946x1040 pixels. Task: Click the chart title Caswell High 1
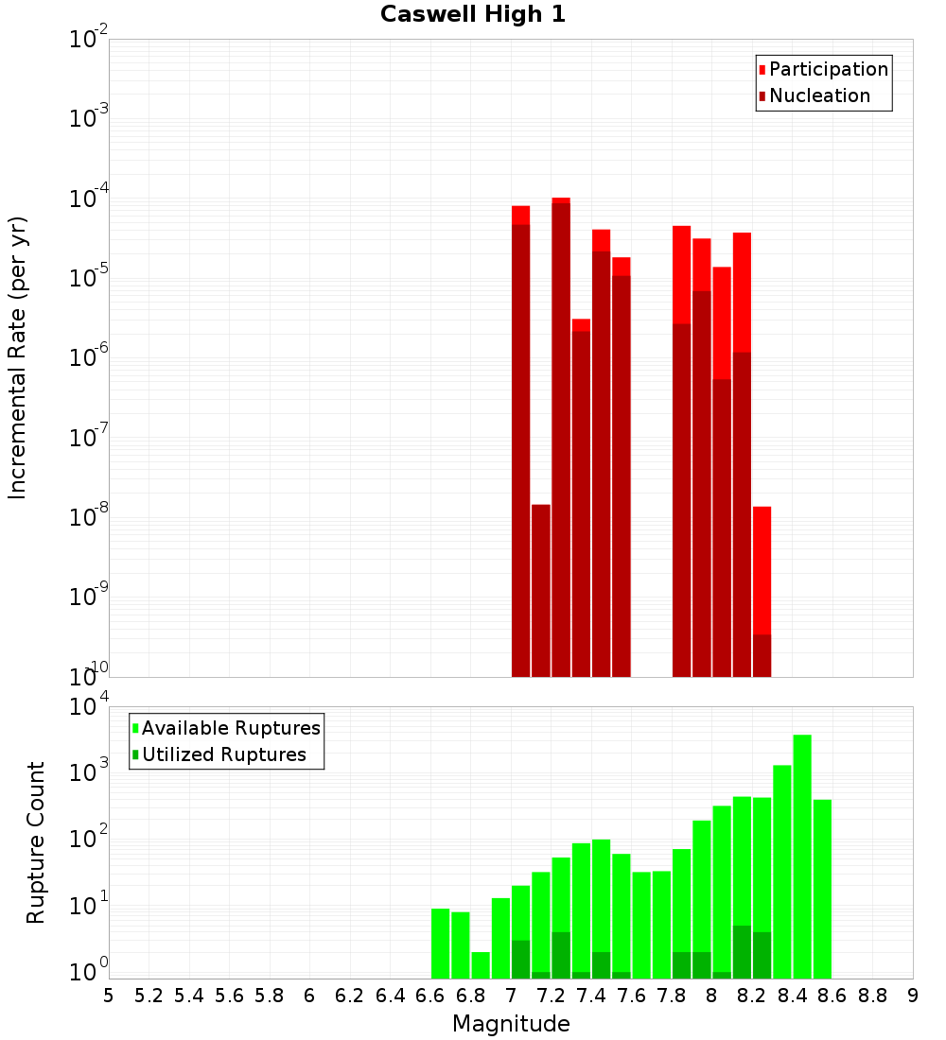coord(473,15)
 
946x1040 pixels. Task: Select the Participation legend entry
coord(828,70)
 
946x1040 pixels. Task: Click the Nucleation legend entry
coord(818,96)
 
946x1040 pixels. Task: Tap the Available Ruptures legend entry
coord(230,728)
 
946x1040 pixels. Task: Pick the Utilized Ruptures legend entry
coord(223,754)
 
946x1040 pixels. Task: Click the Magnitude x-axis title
coord(511,1024)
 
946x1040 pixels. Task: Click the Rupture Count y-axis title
coord(36,842)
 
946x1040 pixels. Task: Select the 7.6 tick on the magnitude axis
coord(631,995)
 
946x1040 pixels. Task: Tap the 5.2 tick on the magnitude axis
coord(149,995)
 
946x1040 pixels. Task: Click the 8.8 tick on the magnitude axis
coord(872,995)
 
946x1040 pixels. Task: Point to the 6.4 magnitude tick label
coord(390,995)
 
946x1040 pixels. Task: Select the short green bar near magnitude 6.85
coord(481,965)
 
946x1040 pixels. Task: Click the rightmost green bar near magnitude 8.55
coord(822,889)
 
